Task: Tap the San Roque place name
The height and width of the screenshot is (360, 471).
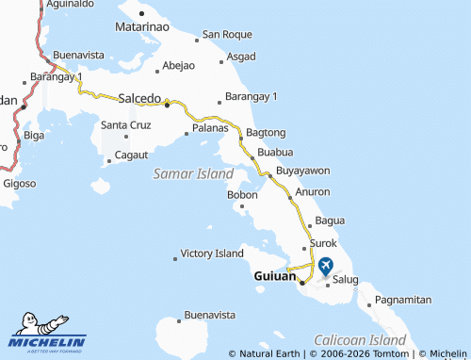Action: pyautogui.click(x=228, y=36)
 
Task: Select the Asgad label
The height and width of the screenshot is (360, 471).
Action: pyautogui.click(x=240, y=57)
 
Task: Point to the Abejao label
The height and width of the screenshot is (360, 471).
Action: pyautogui.click(x=178, y=66)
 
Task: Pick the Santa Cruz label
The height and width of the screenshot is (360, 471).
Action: pyautogui.click(x=125, y=124)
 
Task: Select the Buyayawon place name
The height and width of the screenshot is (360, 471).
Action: pyautogui.click(x=302, y=171)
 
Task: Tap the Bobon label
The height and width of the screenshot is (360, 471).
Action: pyautogui.click(x=242, y=195)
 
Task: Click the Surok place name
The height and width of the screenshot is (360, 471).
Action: pyautogui.click(x=323, y=243)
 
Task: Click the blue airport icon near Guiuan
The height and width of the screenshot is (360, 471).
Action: pyautogui.click(x=326, y=266)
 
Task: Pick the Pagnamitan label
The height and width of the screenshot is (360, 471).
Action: pyautogui.click(x=402, y=300)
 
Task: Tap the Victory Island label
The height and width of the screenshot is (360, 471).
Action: pyautogui.click(x=212, y=254)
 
